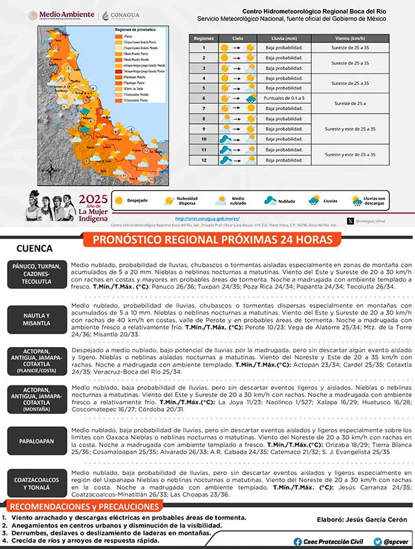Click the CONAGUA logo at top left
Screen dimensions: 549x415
point(121,14)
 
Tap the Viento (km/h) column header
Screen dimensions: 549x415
point(350,38)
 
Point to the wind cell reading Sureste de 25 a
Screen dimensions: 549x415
point(350,103)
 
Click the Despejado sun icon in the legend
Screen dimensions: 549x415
point(119,201)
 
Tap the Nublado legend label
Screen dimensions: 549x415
point(286,201)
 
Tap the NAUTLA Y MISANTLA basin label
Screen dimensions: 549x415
point(37,319)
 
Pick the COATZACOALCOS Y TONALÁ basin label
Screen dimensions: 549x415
point(37,483)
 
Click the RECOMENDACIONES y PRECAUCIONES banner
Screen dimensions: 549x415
point(93,506)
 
